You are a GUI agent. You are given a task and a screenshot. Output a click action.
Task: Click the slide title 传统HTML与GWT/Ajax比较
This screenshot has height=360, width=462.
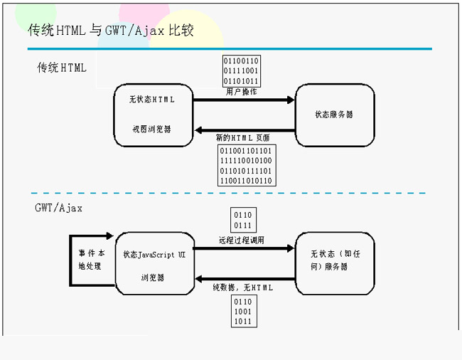pos(110,31)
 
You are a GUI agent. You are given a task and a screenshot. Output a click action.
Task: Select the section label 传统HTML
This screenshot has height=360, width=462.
pos(62,68)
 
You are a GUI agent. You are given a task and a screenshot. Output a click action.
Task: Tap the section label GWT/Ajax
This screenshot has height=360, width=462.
pos(58,208)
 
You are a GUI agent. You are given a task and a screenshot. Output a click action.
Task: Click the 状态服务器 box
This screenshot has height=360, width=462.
pos(334,114)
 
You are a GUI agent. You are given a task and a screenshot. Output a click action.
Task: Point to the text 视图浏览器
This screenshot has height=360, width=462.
pos(151,129)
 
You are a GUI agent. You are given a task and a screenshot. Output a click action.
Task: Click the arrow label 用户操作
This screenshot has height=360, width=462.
pos(242,92)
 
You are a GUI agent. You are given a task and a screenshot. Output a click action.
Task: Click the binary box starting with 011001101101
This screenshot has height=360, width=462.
pos(245,166)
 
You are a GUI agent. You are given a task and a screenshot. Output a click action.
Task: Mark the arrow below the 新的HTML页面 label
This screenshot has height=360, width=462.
pos(245,130)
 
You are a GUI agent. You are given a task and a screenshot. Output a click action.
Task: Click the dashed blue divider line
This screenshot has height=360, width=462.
pos(227,193)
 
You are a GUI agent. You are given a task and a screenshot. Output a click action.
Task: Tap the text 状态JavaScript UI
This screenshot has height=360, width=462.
pos(154,254)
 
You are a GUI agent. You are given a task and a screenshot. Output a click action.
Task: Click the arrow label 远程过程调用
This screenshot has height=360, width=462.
pos(242,240)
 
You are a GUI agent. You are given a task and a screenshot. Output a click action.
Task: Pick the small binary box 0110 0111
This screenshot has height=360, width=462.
pos(242,220)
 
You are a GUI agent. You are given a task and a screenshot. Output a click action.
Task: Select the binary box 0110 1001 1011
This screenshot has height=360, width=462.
pos(243,311)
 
